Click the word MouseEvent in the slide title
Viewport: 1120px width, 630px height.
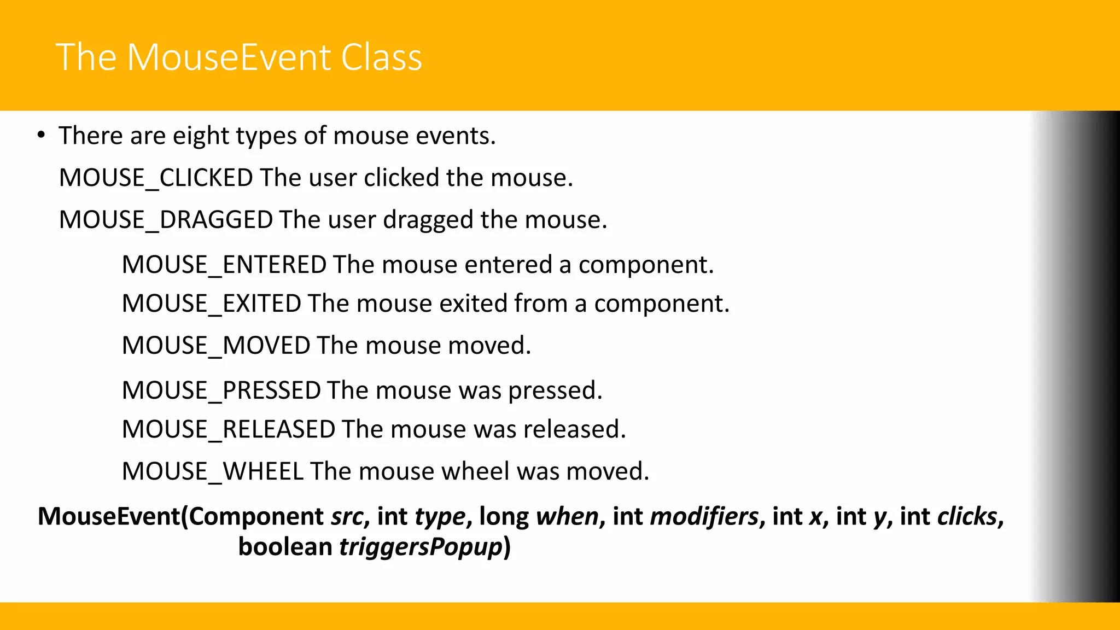(229, 57)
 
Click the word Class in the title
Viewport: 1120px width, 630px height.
(381, 57)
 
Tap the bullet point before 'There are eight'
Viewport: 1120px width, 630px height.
(41, 135)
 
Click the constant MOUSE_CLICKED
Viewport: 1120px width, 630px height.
(156, 178)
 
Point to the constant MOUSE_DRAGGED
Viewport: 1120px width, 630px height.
(166, 220)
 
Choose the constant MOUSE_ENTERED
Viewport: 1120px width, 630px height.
(224, 265)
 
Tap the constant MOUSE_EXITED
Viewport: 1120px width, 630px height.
(211, 304)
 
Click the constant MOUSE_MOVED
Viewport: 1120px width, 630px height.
(216, 346)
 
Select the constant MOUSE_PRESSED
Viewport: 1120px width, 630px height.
(221, 390)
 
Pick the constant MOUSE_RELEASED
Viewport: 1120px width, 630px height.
(229, 429)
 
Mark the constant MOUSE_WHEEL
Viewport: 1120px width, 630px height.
(212, 471)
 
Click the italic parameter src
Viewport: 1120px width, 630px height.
(347, 516)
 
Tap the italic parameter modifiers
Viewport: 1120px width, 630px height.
(704, 516)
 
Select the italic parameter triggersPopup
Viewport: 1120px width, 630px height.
(421, 547)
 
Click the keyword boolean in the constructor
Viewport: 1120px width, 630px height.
(285, 547)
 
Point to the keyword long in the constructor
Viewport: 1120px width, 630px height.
(504, 516)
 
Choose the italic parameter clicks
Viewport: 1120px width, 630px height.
(967, 516)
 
